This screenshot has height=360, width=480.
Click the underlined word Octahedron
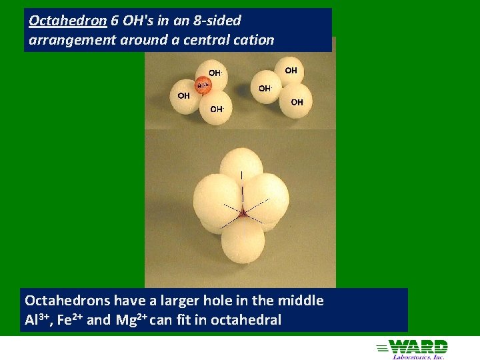point(67,21)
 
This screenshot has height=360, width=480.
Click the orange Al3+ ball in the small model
point(203,85)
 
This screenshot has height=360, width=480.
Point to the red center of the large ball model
point(243,213)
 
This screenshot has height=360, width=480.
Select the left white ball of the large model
point(215,200)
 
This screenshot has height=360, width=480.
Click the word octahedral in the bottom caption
point(246,320)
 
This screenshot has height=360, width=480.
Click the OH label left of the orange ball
point(183,95)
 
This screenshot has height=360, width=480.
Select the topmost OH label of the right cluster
point(291,70)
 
